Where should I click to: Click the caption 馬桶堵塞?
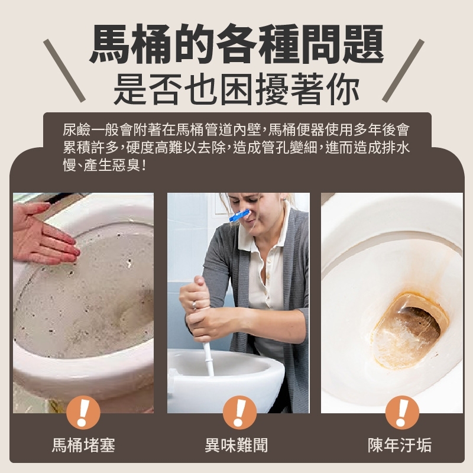click(83, 445)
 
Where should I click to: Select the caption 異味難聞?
click(237, 445)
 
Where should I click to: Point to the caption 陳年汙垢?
click(400, 445)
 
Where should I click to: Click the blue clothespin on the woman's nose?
click(240, 215)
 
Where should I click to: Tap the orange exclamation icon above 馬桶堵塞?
click(83, 412)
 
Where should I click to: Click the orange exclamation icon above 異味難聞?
click(240, 412)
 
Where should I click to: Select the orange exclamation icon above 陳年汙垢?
click(402, 412)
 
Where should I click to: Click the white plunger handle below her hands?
click(209, 359)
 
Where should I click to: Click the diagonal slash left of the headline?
click(64, 70)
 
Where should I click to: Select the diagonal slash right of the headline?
click(403, 70)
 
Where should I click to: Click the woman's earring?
click(284, 199)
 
